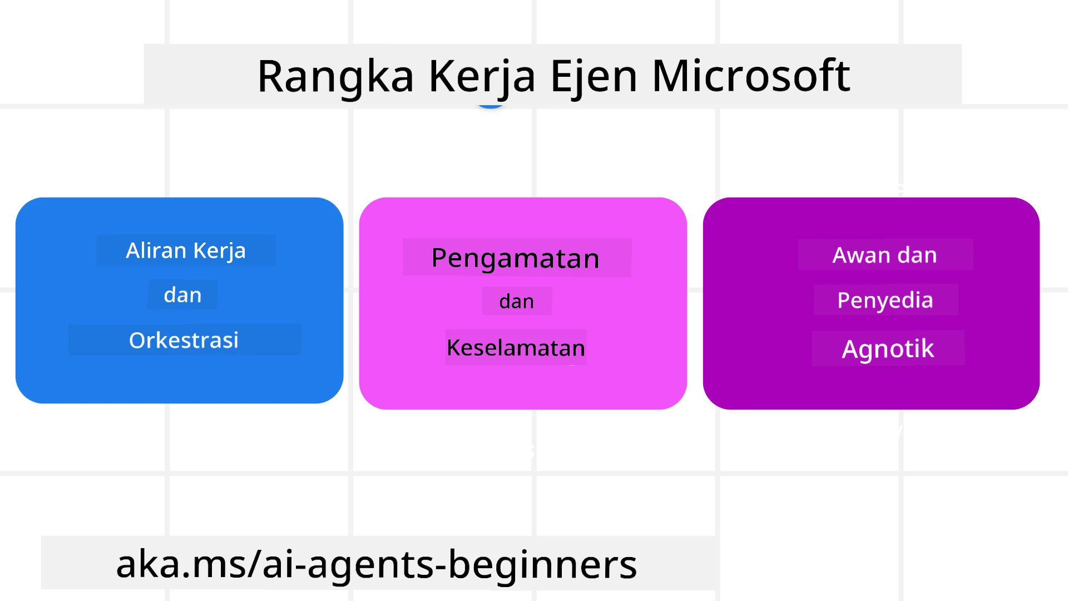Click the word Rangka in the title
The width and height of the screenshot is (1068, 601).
(335, 76)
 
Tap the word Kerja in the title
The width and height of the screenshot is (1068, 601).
(482, 76)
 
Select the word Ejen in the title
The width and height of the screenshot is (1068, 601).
(594, 76)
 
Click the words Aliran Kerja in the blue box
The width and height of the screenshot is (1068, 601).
(186, 250)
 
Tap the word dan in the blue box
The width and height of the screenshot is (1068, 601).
(182, 295)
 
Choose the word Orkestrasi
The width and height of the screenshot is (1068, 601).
(184, 340)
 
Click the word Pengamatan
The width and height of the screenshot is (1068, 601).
(516, 258)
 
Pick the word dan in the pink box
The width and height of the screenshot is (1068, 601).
(516, 302)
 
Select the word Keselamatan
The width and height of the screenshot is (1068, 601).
(516, 348)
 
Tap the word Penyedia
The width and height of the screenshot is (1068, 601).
(885, 300)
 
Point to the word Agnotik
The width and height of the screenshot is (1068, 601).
(888, 349)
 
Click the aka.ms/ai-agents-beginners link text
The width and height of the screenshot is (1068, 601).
(376, 564)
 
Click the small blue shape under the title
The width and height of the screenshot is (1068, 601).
(491, 105)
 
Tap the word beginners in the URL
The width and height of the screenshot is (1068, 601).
(542, 564)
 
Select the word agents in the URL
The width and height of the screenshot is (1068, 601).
(370, 564)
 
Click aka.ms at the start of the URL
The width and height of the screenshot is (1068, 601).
(181, 564)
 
